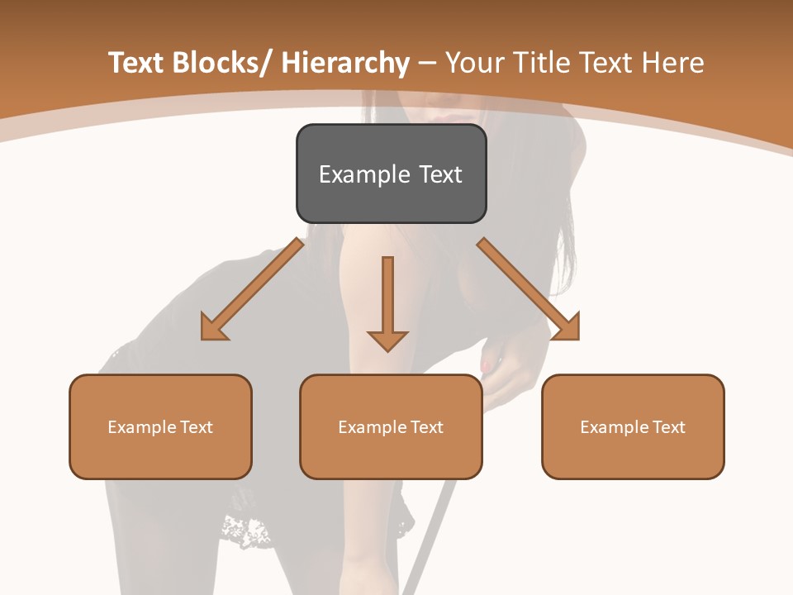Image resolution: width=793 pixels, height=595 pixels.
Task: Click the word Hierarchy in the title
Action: (345, 64)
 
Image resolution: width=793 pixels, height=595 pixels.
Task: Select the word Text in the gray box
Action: (440, 174)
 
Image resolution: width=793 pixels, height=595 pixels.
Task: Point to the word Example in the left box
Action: (140, 427)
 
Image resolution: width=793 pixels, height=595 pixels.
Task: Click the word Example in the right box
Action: (613, 427)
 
